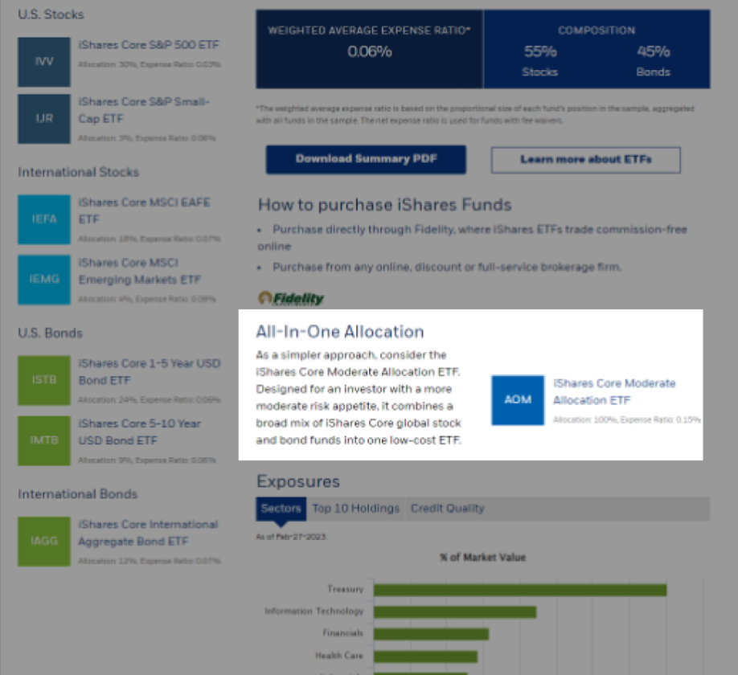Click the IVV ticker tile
pyautogui.click(x=44, y=62)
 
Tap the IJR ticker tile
pyautogui.click(x=44, y=119)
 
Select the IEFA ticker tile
pyautogui.click(x=44, y=219)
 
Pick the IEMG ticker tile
pyautogui.click(x=44, y=280)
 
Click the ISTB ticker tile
pyautogui.click(x=44, y=380)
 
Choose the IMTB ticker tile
pyautogui.click(x=44, y=440)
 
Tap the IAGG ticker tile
pyautogui.click(x=44, y=541)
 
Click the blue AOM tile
pyautogui.click(x=518, y=399)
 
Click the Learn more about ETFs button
pyautogui.click(x=585, y=159)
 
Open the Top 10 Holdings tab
pyautogui.click(x=355, y=509)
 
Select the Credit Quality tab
pyautogui.click(x=447, y=509)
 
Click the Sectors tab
pyautogui.click(x=281, y=509)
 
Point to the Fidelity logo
pyautogui.click(x=291, y=298)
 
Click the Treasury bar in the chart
pyautogui.click(x=519, y=590)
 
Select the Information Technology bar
pyautogui.click(x=454, y=612)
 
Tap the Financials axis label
pyautogui.click(x=342, y=633)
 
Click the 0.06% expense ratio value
pyautogui.click(x=369, y=51)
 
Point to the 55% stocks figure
pyautogui.click(x=539, y=51)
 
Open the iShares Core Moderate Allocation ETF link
pyautogui.click(x=614, y=391)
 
